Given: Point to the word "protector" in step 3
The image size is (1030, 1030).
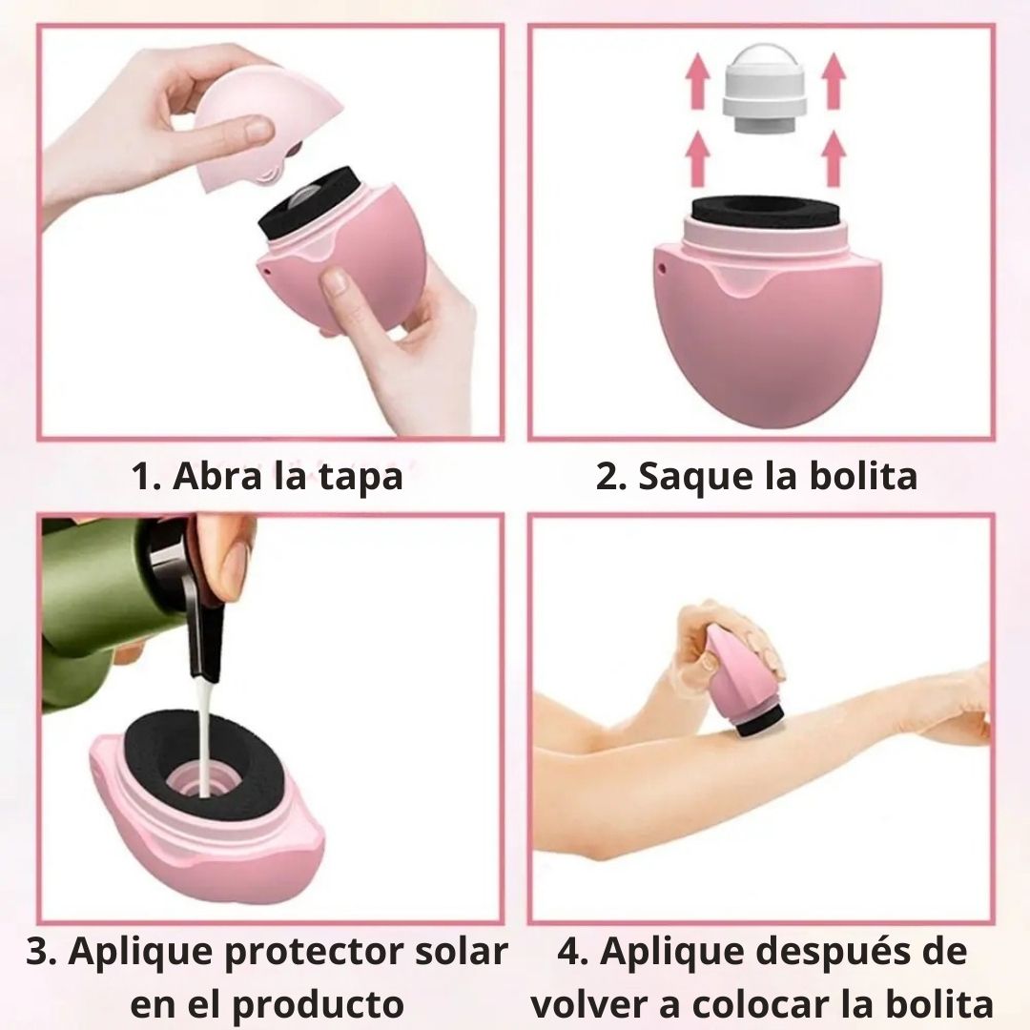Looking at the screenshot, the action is pos(316,952).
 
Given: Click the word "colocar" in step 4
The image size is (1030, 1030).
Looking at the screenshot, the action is pos(761,1003).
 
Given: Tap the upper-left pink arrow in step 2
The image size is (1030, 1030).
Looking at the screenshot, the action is pos(697,81).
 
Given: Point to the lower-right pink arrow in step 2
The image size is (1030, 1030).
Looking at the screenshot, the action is pos(833,157).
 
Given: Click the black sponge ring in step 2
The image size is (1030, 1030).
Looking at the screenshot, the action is pos(766,212).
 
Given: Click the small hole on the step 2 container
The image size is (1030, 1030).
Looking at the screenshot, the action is pos(662,267).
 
